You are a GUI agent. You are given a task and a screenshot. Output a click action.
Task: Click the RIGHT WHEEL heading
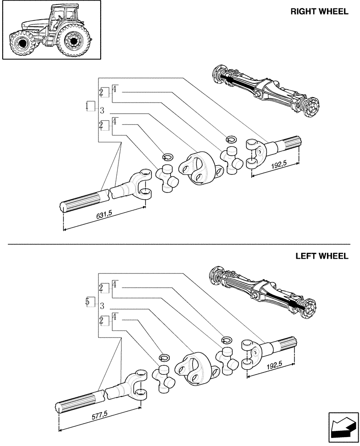point(319,12)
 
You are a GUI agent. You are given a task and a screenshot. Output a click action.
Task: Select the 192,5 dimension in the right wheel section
point(278,166)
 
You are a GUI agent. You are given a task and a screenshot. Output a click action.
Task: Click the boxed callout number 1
point(90,107)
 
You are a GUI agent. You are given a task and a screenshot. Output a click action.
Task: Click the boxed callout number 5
point(90,302)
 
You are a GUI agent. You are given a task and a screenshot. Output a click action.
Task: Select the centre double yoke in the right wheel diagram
point(196,169)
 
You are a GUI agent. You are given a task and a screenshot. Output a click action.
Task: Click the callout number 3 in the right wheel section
point(102,110)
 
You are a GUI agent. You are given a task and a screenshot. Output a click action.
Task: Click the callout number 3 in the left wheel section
point(102,306)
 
